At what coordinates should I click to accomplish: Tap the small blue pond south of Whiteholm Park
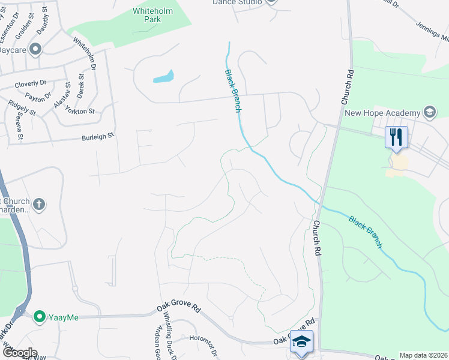coord(163,77)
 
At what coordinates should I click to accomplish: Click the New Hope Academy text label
coord(381,113)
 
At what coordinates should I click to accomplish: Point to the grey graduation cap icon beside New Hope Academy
coord(429,112)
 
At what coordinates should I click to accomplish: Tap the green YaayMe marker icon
coord(40,316)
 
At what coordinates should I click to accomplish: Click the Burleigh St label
coord(98,137)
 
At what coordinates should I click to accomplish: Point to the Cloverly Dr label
coord(31,84)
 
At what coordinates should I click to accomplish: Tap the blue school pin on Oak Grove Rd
coord(301,343)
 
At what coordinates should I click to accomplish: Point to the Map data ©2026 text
coord(423,355)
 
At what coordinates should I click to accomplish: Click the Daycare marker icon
coord(35,49)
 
